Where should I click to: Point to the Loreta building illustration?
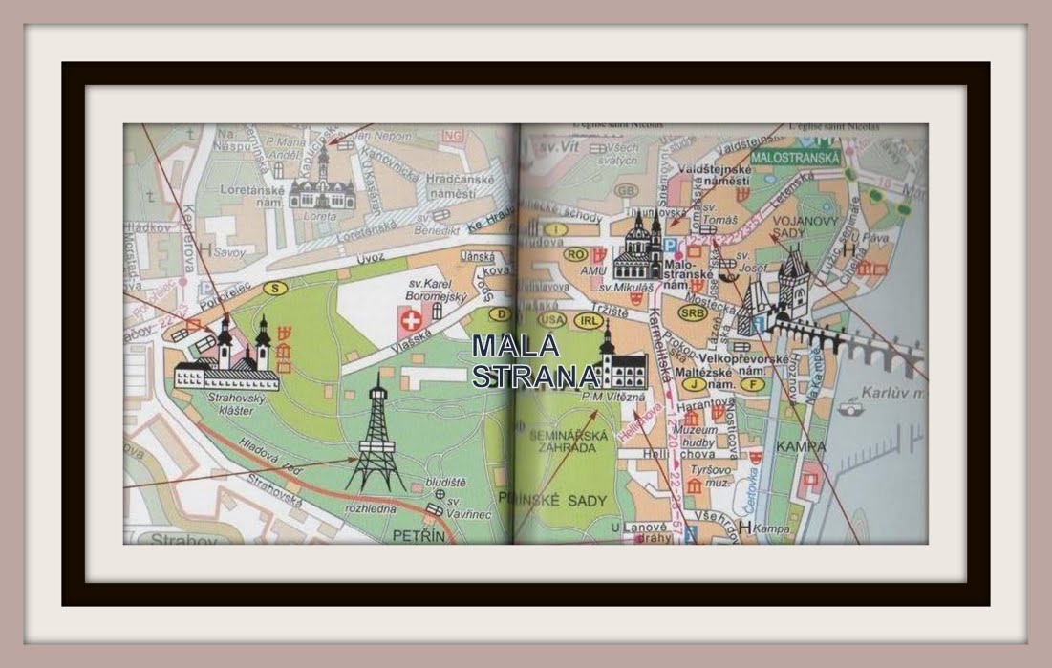point(322,186)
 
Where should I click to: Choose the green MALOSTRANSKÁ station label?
point(796,157)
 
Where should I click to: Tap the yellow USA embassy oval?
point(552,319)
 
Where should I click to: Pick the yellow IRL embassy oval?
point(588,321)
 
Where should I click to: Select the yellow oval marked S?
point(275,288)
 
